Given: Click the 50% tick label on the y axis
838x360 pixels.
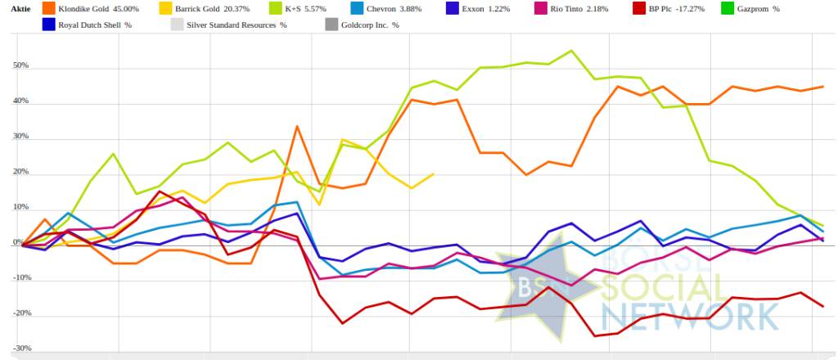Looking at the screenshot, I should [x=21, y=66].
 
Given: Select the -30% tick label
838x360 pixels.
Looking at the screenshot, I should [x=20, y=349].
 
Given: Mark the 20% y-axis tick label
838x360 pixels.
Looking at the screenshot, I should [x=21, y=173].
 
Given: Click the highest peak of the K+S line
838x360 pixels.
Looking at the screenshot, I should [x=571, y=51].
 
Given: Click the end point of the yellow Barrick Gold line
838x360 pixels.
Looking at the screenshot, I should [x=433, y=174].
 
